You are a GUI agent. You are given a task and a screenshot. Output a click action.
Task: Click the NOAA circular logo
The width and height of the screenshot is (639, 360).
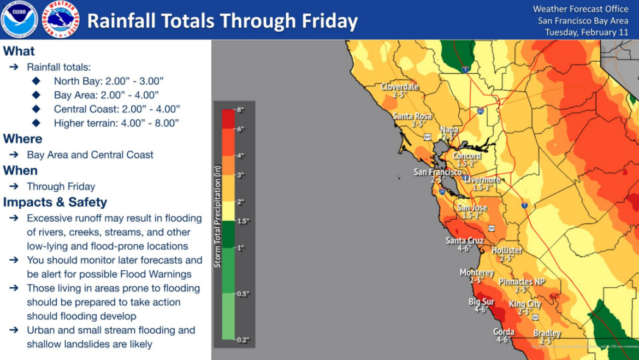tap(19, 19)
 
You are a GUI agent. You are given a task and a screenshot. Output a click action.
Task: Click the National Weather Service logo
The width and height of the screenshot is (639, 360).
tap(61, 19)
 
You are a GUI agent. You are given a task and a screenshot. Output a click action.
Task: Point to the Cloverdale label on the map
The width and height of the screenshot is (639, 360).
tap(399, 87)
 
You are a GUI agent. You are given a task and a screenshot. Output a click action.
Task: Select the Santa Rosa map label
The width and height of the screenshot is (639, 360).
tap(412, 116)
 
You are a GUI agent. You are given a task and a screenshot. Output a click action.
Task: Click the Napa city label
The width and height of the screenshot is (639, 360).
tap(449, 129)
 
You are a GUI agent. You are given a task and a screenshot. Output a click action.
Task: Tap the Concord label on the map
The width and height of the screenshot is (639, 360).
tap(466, 156)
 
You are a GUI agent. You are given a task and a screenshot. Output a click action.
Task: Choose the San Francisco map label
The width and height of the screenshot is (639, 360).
tap(437, 172)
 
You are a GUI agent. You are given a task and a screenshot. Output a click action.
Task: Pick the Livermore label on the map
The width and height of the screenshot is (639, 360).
tap(482, 180)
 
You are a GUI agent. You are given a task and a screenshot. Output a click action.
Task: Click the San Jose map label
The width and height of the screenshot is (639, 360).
tap(472, 208)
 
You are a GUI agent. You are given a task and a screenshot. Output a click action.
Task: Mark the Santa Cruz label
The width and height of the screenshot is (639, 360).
tap(464, 240)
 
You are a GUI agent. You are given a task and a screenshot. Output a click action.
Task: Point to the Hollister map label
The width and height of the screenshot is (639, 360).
tap(507, 250)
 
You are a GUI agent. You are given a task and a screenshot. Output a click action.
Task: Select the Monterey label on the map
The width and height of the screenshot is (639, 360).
tap(476, 273)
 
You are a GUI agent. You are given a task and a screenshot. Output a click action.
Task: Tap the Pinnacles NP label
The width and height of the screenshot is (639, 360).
tap(522, 282)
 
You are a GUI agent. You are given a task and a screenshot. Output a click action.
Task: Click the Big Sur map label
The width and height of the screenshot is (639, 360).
tap(481, 302)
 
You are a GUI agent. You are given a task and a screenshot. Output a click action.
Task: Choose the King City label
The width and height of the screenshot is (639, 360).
tap(525, 304)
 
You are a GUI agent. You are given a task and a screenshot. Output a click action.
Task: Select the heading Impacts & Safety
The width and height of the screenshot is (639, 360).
tap(55, 202)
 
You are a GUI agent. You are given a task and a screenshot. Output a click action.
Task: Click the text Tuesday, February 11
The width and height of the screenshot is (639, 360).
tap(587, 32)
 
